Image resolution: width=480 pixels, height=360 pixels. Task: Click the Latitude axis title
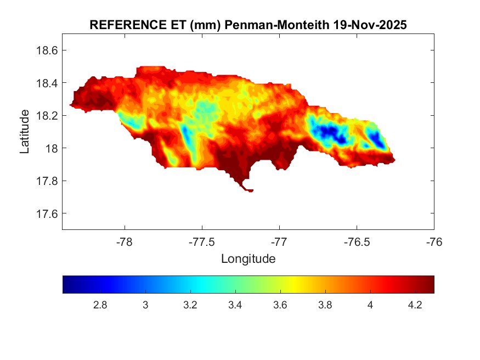tap(25, 132)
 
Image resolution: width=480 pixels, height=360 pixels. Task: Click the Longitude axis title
tap(248, 258)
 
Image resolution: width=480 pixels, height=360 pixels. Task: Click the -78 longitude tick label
tap(125, 241)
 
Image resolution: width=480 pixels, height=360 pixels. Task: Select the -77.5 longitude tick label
tap(202, 241)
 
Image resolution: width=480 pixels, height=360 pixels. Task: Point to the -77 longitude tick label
tap(279, 241)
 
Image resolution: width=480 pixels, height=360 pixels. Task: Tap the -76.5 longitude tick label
tap(357, 241)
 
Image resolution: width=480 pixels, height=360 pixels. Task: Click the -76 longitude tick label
tap(434, 241)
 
